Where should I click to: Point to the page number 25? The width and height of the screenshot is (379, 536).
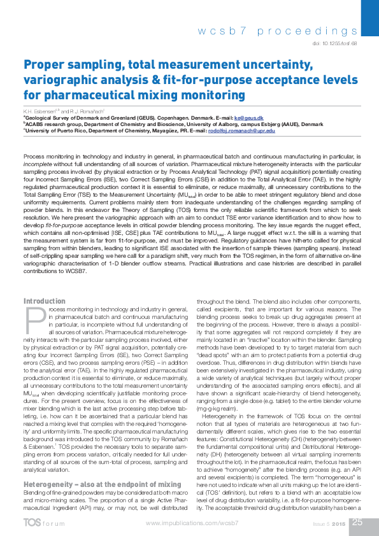(357, 521)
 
